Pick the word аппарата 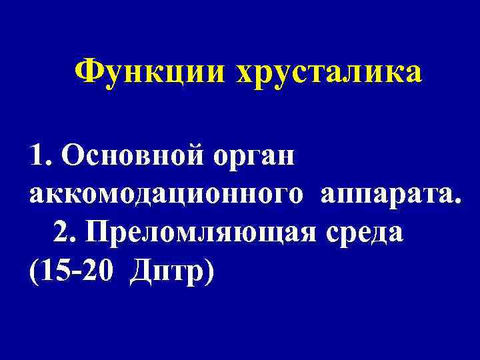(x=389, y=195)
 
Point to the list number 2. (x=61, y=232)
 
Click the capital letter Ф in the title (x=89, y=71)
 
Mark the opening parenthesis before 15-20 (x=33, y=271)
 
